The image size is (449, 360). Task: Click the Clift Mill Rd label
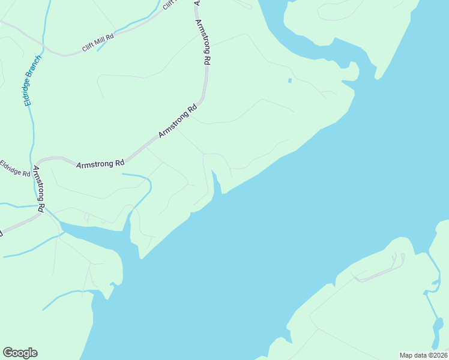click(98, 46)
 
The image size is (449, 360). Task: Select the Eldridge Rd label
click(15, 168)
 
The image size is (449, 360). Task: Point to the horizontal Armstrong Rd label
click(100, 163)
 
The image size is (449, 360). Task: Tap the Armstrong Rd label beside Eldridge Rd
click(40, 188)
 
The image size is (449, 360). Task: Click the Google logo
click(20, 353)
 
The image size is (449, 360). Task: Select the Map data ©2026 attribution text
click(423, 355)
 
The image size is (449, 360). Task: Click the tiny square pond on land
click(290, 80)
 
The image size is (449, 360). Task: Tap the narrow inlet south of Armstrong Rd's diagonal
click(217, 183)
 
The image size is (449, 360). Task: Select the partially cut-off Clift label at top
click(170, 4)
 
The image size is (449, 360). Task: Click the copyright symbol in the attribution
click(430, 355)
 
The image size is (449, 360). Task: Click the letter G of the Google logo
click(8, 353)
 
